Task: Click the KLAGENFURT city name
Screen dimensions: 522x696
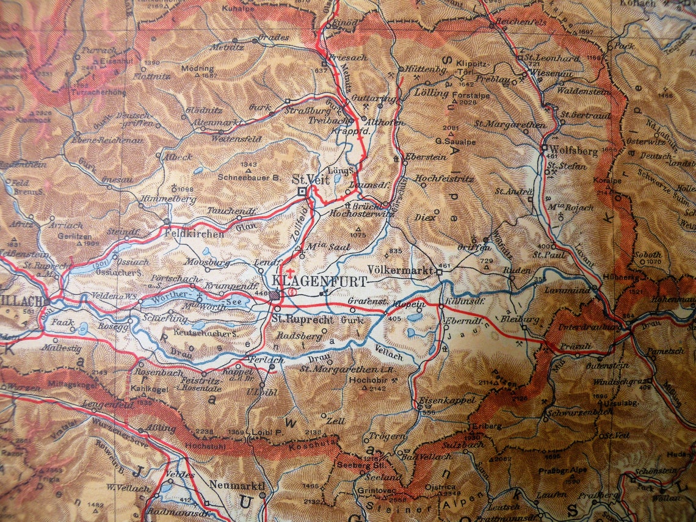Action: (x=321, y=281)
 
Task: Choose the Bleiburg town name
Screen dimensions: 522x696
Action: (x=520, y=319)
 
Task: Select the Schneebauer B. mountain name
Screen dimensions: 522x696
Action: (x=249, y=177)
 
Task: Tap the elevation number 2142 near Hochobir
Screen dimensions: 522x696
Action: (x=378, y=388)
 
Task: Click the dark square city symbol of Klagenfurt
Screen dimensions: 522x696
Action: (x=276, y=295)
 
